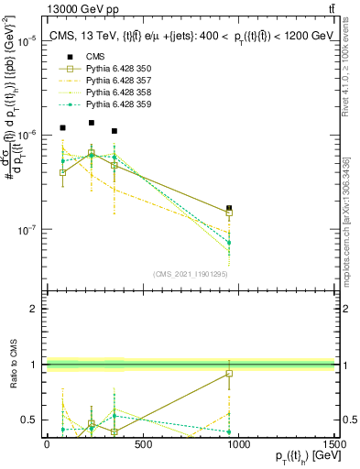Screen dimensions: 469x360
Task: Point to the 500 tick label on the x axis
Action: (142, 444)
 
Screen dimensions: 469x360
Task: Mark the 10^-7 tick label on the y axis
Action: (30, 230)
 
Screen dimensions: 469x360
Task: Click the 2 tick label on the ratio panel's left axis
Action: (36, 309)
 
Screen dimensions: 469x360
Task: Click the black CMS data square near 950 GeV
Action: (229, 209)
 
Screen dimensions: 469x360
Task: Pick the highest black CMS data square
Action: (92, 123)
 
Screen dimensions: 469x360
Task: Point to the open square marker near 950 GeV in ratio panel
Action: (229, 374)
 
